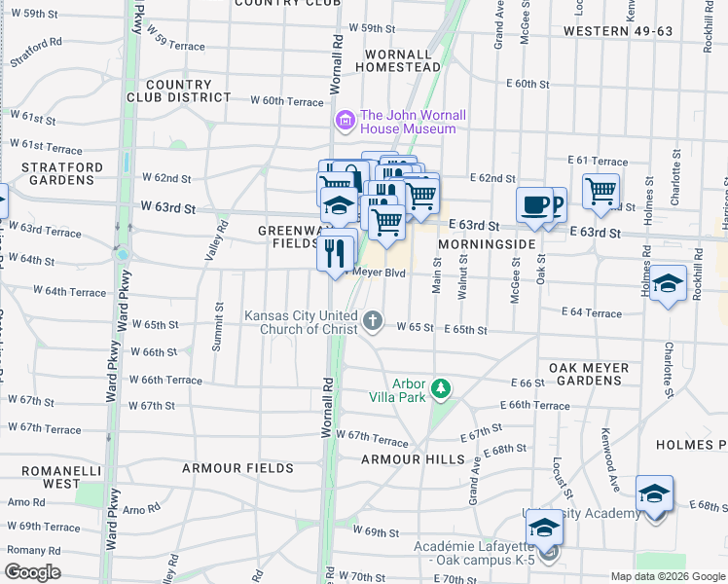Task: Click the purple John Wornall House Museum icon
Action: click(x=344, y=122)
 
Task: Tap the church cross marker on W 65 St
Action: click(x=372, y=321)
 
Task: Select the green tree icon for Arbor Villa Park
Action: click(x=441, y=389)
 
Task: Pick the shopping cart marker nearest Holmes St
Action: click(x=601, y=191)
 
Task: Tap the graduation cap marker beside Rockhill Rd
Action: click(x=668, y=283)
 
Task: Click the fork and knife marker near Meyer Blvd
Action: click(x=335, y=253)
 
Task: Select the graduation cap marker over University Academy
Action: click(x=544, y=528)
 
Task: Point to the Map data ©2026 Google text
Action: click(x=667, y=576)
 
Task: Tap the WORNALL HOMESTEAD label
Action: click(x=393, y=60)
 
